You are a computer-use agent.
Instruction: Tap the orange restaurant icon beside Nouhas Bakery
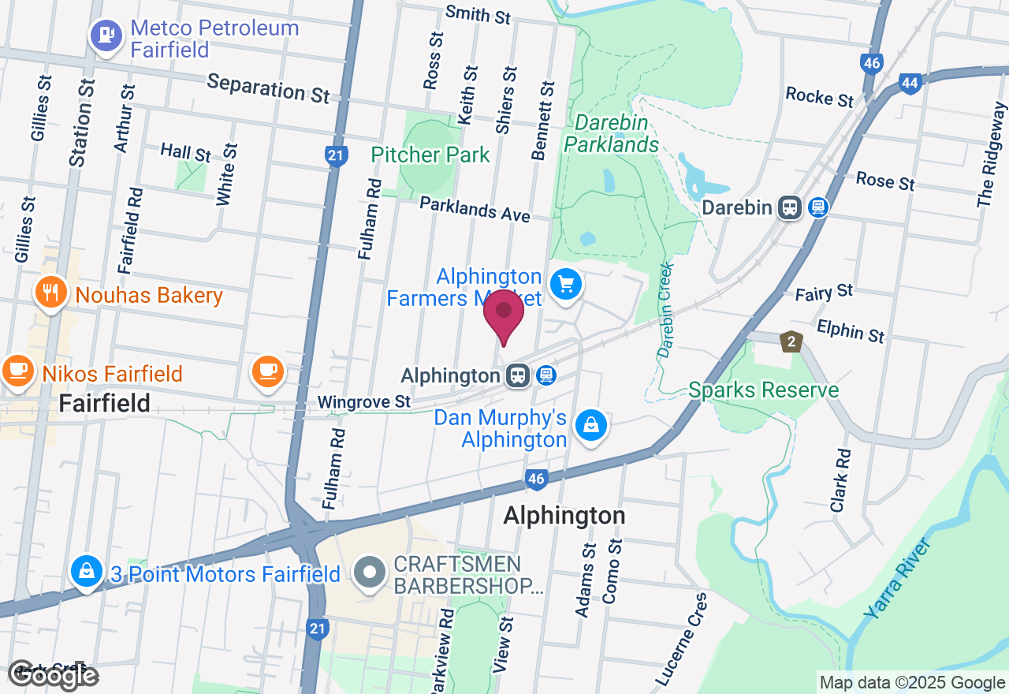pos(51,293)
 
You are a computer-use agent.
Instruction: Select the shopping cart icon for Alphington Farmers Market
pos(565,285)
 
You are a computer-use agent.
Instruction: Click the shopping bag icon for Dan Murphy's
pos(590,427)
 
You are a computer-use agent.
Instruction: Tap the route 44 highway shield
pos(910,83)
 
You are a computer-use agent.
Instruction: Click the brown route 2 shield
pos(791,341)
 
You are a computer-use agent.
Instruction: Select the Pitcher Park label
pos(430,155)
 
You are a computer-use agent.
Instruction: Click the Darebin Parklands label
pos(611,134)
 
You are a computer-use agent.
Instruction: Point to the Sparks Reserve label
pos(763,390)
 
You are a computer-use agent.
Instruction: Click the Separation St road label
pos(268,88)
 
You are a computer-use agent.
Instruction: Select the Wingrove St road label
pos(363,402)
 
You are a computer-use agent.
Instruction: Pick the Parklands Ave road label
pos(474,209)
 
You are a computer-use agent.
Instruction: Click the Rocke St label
pos(819,97)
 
